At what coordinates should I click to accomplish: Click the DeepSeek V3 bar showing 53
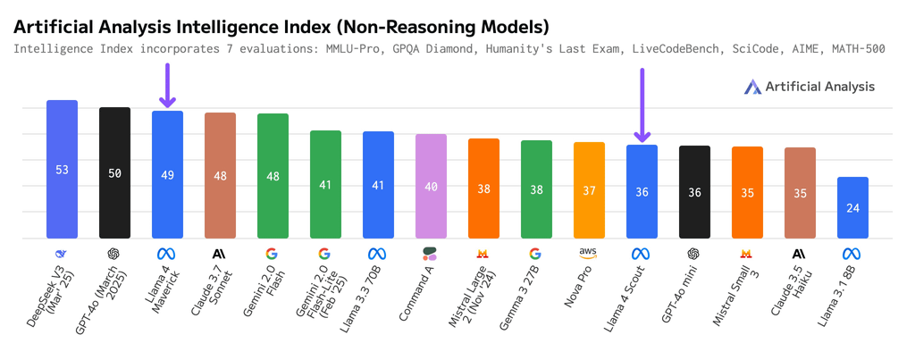(x=62, y=169)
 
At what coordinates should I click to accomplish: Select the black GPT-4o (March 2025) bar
(x=114, y=172)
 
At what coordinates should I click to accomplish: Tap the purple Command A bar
(x=432, y=186)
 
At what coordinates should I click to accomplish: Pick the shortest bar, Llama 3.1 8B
(x=852, y=208)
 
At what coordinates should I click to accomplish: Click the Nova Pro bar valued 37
(x=589, y=190)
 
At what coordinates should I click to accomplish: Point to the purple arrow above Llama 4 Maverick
(x=167, y=85)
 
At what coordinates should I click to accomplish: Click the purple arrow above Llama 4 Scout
(x=642, y=105)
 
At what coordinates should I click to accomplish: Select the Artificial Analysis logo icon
(x=752, y=87)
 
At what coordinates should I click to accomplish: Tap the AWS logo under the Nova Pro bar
(x=589, y=253)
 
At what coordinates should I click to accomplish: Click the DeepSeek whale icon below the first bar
(x=62, y=254)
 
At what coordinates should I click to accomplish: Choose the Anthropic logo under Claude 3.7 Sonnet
(x=220, y=254)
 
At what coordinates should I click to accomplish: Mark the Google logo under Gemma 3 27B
(x=536, y=254)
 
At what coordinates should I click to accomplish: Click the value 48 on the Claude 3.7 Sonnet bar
(x=220, y=176)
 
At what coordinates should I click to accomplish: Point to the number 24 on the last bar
(x=852, y=208)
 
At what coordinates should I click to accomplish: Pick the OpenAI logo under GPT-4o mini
(x=694, y=254)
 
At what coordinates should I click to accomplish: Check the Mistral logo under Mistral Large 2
(x=483, y=254)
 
